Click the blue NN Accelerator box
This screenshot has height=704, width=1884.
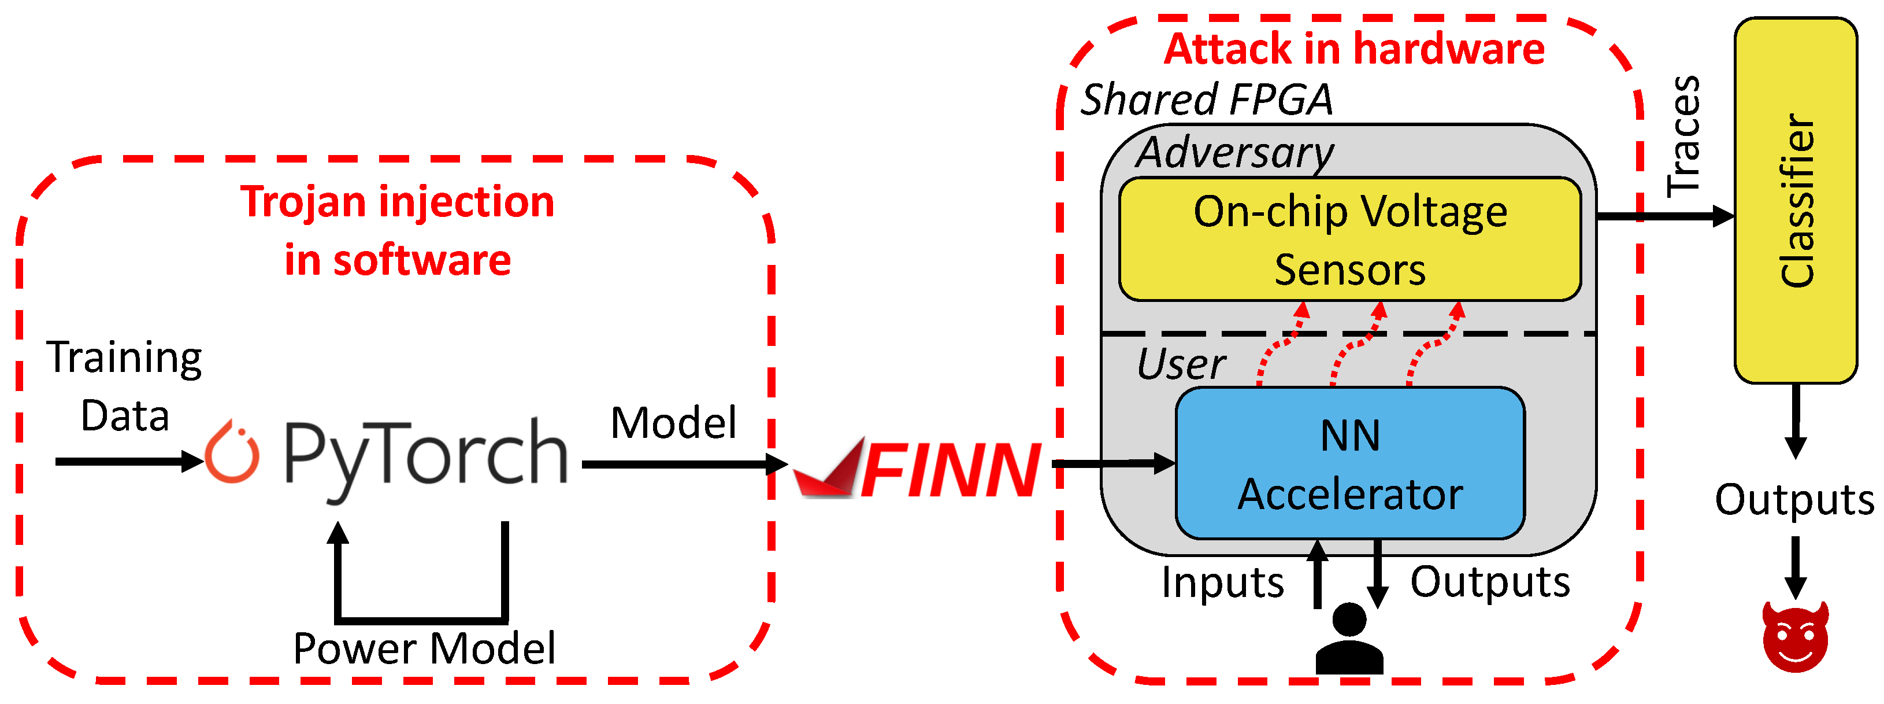pos(1349,463)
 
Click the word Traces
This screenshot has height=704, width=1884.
pos(1683,137)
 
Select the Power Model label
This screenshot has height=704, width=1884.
pos(424,648)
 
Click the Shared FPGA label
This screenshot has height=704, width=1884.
pos(1207,99)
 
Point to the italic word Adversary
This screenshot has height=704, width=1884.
pos(1234,152)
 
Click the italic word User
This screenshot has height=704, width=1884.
pos(1181,364)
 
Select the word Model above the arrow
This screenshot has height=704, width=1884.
pos(673,423)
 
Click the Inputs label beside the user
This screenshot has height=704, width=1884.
pos(1222,583)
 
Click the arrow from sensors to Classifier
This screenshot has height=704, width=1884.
pos(1664,216)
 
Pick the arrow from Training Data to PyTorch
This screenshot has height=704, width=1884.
pos(128,461)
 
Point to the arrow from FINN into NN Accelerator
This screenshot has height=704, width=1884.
pos(1112,463)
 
